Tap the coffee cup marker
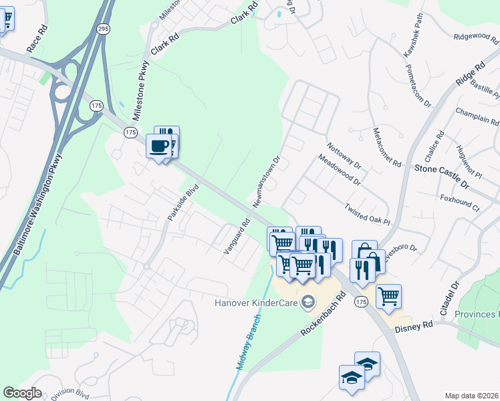[x=159, y=146]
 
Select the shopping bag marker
[x=365, y=253]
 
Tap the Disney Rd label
[x=414, y=328]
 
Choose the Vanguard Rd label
[x=237, y=236]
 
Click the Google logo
[x=22, y=393]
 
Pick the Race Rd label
[x=37, y=39]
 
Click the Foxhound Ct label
[x=460, y=203]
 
